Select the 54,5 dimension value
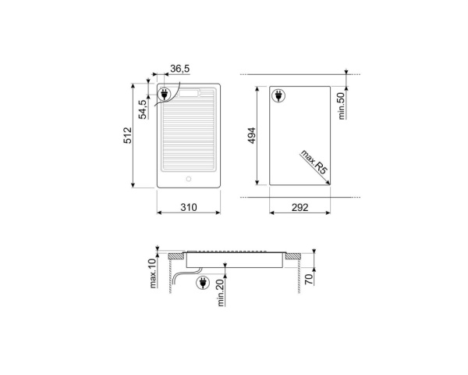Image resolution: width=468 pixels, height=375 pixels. pos(143,109)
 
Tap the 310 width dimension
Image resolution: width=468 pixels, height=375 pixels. pos(188,207)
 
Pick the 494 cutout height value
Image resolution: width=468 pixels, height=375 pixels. pos(252,137)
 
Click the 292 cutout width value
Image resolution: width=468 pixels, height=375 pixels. pos(300,207)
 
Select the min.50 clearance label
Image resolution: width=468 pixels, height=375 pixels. pos(342,105)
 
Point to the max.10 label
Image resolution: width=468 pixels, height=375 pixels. pos(154,273)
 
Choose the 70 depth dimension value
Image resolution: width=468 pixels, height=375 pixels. pos(309,277)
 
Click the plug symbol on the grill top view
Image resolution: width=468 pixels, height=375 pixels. pos(165,96)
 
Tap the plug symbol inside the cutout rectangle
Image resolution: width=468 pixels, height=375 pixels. pos(279,96)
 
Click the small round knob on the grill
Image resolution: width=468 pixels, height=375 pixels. pos(188,179)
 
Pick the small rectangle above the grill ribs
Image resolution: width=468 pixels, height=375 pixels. pos(189,94)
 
